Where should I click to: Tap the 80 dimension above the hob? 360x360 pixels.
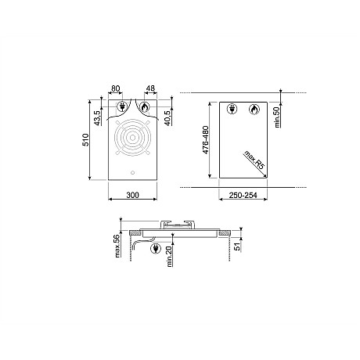[x=117, y=88]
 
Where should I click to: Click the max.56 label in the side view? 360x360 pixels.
[x=115, y=246]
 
